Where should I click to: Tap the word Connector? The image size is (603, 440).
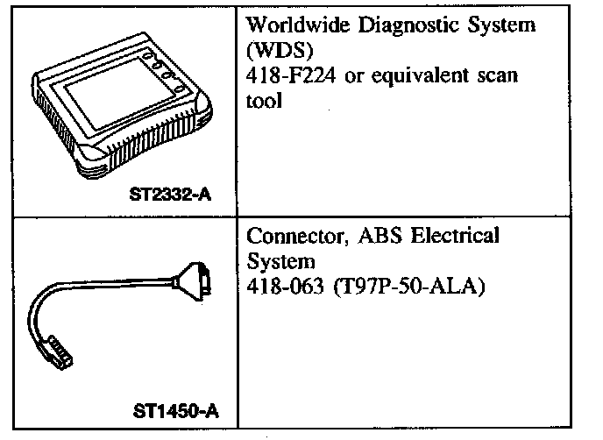point(289,237)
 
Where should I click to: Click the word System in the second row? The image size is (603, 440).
point(276,261)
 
